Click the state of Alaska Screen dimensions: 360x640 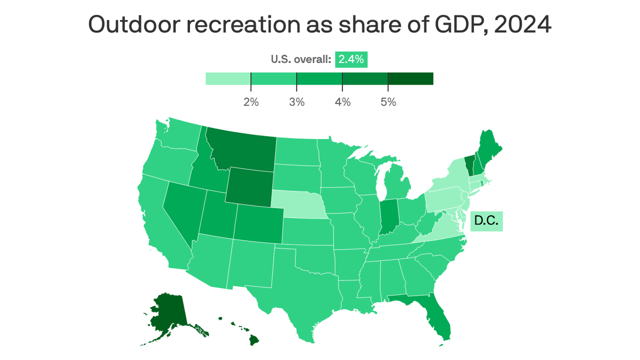click(x=169, y=312)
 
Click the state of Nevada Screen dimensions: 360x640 click(x=182, y=210)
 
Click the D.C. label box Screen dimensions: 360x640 click(x=486, y=220)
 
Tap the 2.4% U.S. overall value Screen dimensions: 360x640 click(x=351, y=59)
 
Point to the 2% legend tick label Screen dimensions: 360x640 click(x=251, y=102)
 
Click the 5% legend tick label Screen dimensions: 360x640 click(x=388, y=102)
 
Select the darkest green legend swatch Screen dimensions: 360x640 click(x=410, y=78)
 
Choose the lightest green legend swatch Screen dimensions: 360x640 click(x=228, y=78)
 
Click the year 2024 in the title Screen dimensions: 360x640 click(x=522, y=24)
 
